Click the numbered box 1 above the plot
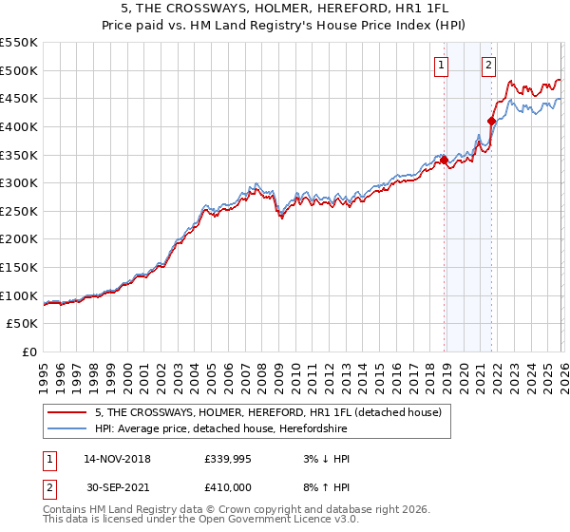[443, 65]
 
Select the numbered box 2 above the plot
[488, 65]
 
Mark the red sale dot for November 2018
[444, 161]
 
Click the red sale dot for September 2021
[491, 121]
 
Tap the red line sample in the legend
[67, 413]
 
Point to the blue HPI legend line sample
[67, 429]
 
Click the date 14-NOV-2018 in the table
[117, 459]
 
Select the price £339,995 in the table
[226, 459]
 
